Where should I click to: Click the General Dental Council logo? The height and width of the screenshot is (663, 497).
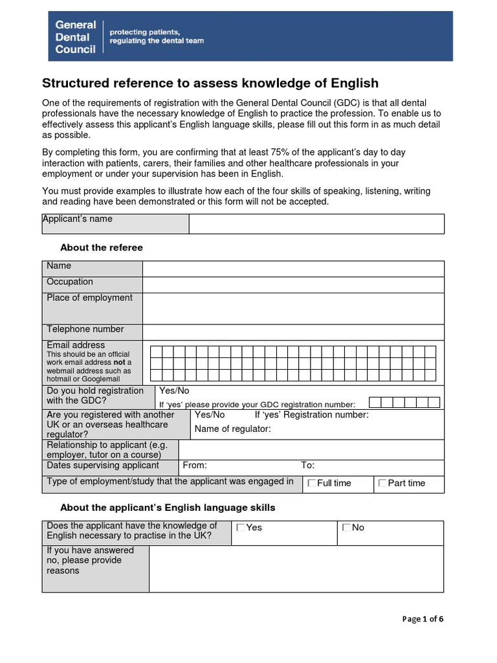(x=75, y=37)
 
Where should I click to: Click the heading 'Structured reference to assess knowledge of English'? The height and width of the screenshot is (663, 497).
(x=210, y=84)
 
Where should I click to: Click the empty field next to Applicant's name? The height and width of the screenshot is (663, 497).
(x=316, y=224)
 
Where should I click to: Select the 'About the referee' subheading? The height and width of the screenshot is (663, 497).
(x=101, y=248)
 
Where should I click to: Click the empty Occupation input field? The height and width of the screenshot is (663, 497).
(x=293, y=285)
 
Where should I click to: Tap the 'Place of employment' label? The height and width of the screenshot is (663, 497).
(x=89, y=298)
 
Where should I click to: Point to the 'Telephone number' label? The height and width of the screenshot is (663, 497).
(x=85, y=330)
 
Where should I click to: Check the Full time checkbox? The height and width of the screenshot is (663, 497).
(x=312, y=483)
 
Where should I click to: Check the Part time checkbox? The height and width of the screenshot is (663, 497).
(x=382, y=483)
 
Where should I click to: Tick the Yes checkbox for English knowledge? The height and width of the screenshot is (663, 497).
(x=241, y=528)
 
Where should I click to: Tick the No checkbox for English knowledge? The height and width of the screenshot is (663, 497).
(x=346, y=528)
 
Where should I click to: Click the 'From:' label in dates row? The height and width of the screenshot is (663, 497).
(x=195, y=466)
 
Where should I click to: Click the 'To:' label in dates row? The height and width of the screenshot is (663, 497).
(x=307, y=466)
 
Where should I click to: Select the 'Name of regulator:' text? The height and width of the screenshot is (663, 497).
(x=232, y=429)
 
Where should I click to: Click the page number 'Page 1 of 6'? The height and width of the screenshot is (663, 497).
(x=423, y=619)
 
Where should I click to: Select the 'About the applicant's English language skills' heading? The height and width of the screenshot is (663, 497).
(x=168, y=507)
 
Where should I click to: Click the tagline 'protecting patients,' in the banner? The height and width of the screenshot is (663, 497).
(x=144, y=32)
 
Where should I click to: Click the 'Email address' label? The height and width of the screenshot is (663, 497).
(x=75, y=345)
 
